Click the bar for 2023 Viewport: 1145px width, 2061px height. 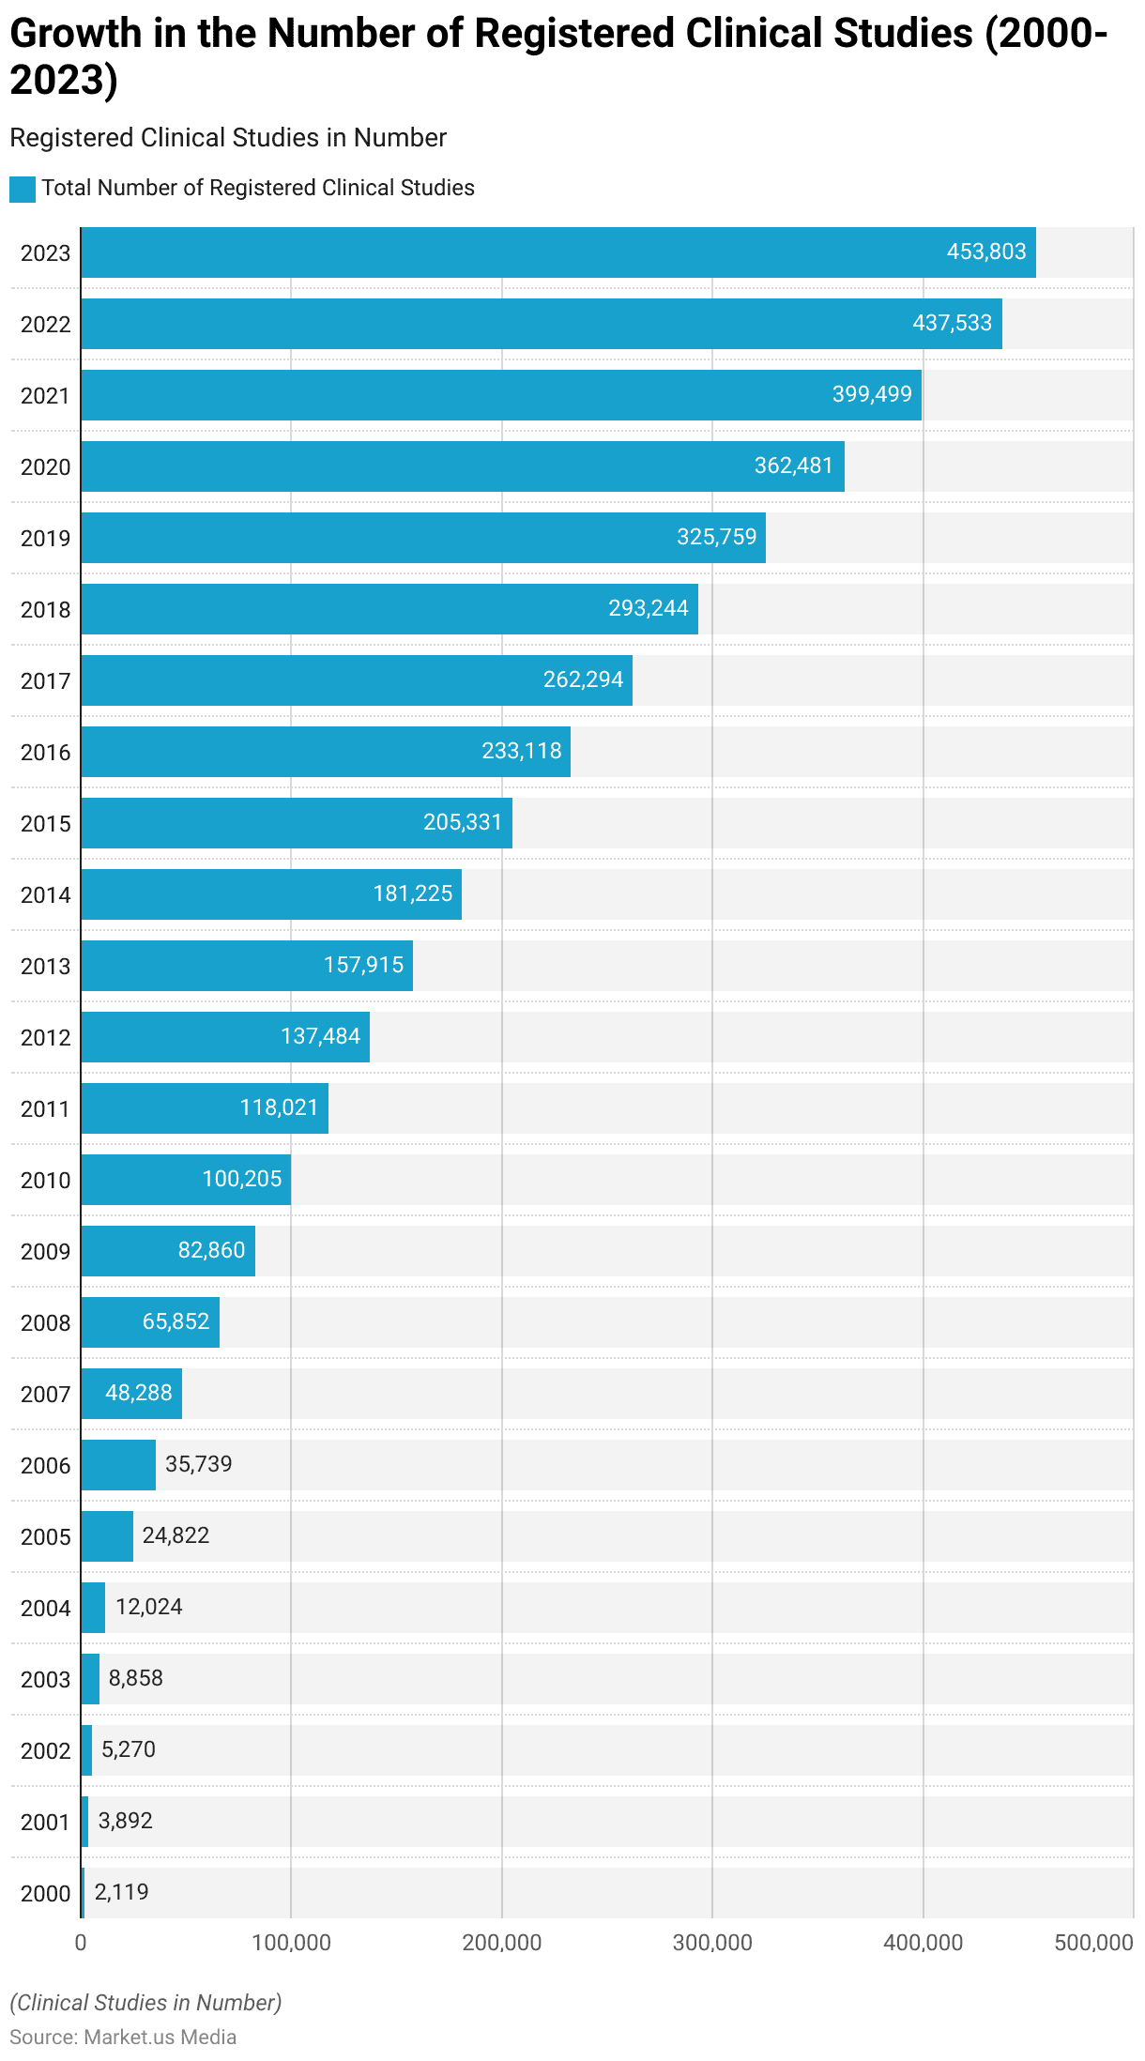coord(557,252)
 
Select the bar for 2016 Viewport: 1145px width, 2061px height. coord(325,752)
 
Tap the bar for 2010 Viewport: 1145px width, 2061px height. coord(185,1180)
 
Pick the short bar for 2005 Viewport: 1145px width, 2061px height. coord(107,1536)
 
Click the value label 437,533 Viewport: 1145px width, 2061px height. coord(952,324)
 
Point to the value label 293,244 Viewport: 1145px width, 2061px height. coord(649,609)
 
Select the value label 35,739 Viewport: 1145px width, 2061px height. coord(198,1465)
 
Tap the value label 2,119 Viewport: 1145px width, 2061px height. coord(121,1893)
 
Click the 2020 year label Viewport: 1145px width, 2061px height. coord(45,467)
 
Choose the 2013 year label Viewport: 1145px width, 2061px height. coord(45,967)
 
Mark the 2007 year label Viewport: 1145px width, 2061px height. coord(45,1395)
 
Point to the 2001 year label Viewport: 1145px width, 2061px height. coord(45,1823)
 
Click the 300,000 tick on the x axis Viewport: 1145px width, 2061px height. coord(712,1943)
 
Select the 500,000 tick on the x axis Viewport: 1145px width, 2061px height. coord(1093,1943)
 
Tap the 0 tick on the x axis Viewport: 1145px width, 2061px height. coord(81,1943)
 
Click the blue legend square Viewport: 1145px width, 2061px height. coord(23,189)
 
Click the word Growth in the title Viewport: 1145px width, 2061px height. coord(75,34)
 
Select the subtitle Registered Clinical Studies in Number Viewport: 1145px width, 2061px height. coord(228,138)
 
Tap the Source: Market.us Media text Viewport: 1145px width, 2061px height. coord(123,2038)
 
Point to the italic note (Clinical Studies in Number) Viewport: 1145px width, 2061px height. coord(145,2003)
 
